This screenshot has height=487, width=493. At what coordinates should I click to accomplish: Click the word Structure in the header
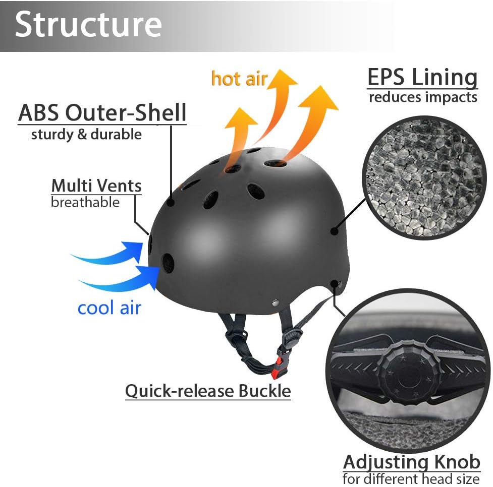(88, 24)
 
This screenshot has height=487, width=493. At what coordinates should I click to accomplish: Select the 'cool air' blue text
(109, 308)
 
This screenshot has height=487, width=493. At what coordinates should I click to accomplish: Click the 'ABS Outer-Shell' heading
(102, 113)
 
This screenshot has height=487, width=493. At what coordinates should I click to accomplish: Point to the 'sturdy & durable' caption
(86, 135)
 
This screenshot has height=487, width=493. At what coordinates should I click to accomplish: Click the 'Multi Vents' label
(96, 186)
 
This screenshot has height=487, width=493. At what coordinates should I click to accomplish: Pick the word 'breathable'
(85, 203)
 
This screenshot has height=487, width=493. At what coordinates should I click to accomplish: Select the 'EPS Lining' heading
(422, 78)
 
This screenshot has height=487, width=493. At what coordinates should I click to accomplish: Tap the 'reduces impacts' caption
(423, 97)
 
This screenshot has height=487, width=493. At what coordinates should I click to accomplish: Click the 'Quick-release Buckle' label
(208, 391)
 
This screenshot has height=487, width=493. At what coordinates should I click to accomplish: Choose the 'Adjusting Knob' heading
(411, 462)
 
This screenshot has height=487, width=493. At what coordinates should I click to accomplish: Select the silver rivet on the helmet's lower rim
(275, 302)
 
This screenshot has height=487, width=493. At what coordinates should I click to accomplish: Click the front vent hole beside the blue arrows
(167, 263)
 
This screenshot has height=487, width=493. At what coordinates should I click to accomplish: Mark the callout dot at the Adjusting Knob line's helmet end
(334, 284)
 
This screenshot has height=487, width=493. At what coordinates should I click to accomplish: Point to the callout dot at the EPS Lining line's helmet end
(334, 231)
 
